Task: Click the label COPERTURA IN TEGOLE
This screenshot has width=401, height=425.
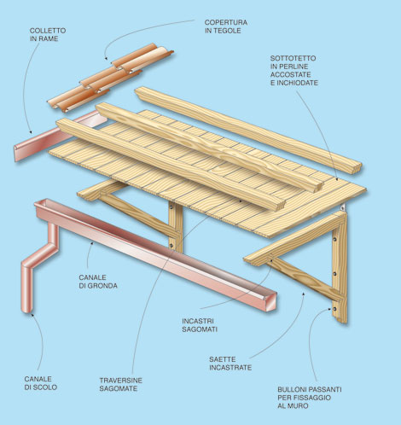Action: tap(226, 26)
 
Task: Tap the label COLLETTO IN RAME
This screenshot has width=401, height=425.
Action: tap(48, 34)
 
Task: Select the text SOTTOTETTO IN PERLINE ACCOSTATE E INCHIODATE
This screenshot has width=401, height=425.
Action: tap(293, 71)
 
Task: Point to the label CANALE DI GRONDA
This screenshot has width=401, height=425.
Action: tap(98, 282)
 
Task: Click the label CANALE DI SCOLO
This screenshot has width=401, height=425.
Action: tap(41, 383)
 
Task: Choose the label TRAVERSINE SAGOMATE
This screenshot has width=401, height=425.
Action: tap(120, 384)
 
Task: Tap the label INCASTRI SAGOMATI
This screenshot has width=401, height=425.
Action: tap(200, 325)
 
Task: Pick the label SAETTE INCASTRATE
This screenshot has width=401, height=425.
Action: tap(230, 364)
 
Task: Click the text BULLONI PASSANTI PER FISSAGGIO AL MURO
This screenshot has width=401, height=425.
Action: tap(310, 398)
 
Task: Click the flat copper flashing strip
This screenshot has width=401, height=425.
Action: tap(60, 136)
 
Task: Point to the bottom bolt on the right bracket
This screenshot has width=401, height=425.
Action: tap(334, 309)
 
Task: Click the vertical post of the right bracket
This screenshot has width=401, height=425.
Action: tap(340, 267)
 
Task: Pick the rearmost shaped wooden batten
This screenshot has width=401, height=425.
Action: tap(248, 129)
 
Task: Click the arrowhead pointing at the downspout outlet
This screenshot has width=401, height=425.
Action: tap(32, 314)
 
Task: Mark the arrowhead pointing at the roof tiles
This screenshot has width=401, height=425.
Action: tap(106, 58)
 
